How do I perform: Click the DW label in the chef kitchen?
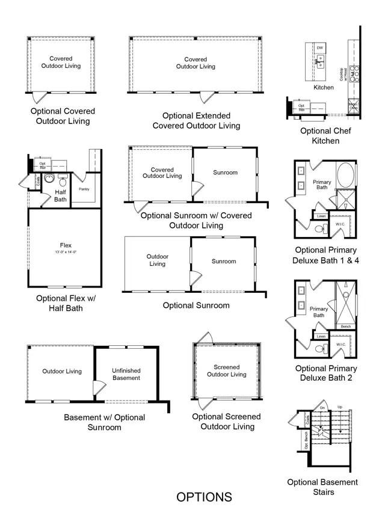tap(320, 48)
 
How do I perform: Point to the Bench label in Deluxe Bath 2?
tap(345, 327)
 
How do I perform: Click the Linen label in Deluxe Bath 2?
tap(321, 337)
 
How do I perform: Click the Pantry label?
tap(84, 189)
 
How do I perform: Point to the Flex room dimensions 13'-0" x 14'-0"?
tap(66, 252)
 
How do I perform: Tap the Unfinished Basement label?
tap(126, 375)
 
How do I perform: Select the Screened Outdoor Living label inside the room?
tap(226, 370)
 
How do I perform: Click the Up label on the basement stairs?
tap(339, 407)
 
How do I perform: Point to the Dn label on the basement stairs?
tap(322, 408)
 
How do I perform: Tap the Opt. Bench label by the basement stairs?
tap(307, 441)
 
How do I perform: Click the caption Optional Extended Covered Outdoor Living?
tap(196, 120)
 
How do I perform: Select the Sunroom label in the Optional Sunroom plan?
tap(223, 261)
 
